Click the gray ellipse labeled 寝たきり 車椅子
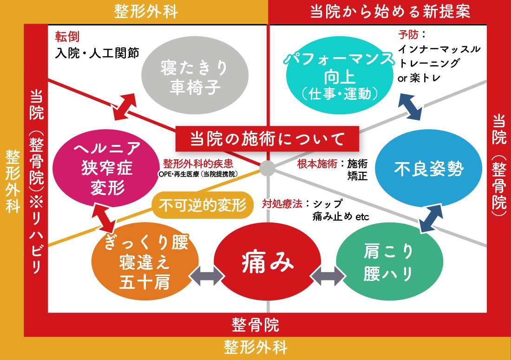pyautogui.click(x=195, y=75)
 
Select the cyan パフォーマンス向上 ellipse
pyautogui.click(x=340, y=75)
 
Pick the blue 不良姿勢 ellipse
pyautogui.click(x=429, y=168)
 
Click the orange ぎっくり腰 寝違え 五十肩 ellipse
pyautogui.click(x=145, y=262)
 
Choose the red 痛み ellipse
pyautogui.click(x=267, y=262)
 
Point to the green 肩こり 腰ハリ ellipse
pyautogui.click(x=389, y=262)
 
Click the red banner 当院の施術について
pyautogui.click(x=267, y=139)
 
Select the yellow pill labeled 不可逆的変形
pyautogui.click(x=203, y=205)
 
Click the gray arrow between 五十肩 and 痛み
pyautogui.click(x=207, y=276)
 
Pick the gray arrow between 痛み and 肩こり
pyautogui.click(x=328, y=276)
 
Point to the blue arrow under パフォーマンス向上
pyautogui.click(x=410, y=107)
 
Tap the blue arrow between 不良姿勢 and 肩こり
pyautogui.click(x=431, y=218)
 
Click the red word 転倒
pyautogui.click(x=67, y=37)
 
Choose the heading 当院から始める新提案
pyautogui.click(x=390, y=12)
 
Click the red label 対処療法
pyautogui.click(x=282, y=204)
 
